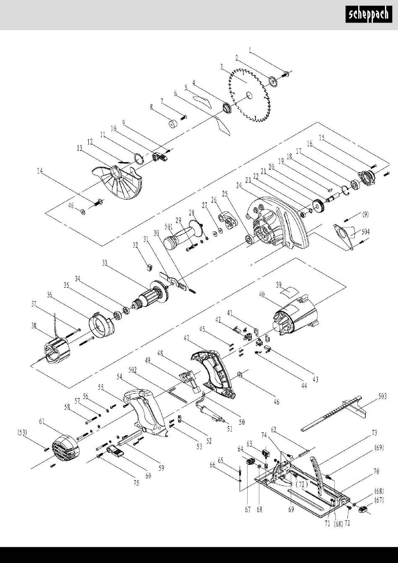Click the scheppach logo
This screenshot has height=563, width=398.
click(x=369, y=14)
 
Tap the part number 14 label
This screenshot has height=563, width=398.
click(x=40, y=171)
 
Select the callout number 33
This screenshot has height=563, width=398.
click(x=105, y=263)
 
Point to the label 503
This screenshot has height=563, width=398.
click(x=382, y=396)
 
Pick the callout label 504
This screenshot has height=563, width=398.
click(x=365, y=232)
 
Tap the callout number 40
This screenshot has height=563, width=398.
click(x=262, y=294)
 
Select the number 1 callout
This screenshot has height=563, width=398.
click(x=250, y=50)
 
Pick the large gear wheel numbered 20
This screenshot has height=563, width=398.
click(x=318, y=207)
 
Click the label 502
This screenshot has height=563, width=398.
click(x=132, y=370)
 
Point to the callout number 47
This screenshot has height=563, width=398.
click(x=186, y=338)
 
